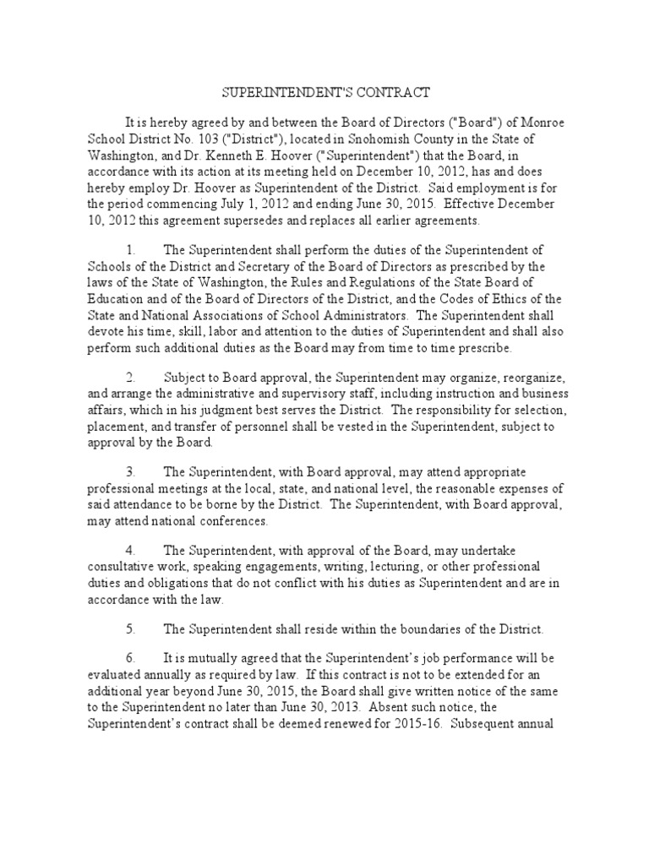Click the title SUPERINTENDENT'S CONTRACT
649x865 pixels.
pos(324,91)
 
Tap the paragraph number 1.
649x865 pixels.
pos(130,251)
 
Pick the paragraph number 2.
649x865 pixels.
pos(130,378)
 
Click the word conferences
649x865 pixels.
pos(229,521)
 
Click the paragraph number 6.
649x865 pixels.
pos(130,658)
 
